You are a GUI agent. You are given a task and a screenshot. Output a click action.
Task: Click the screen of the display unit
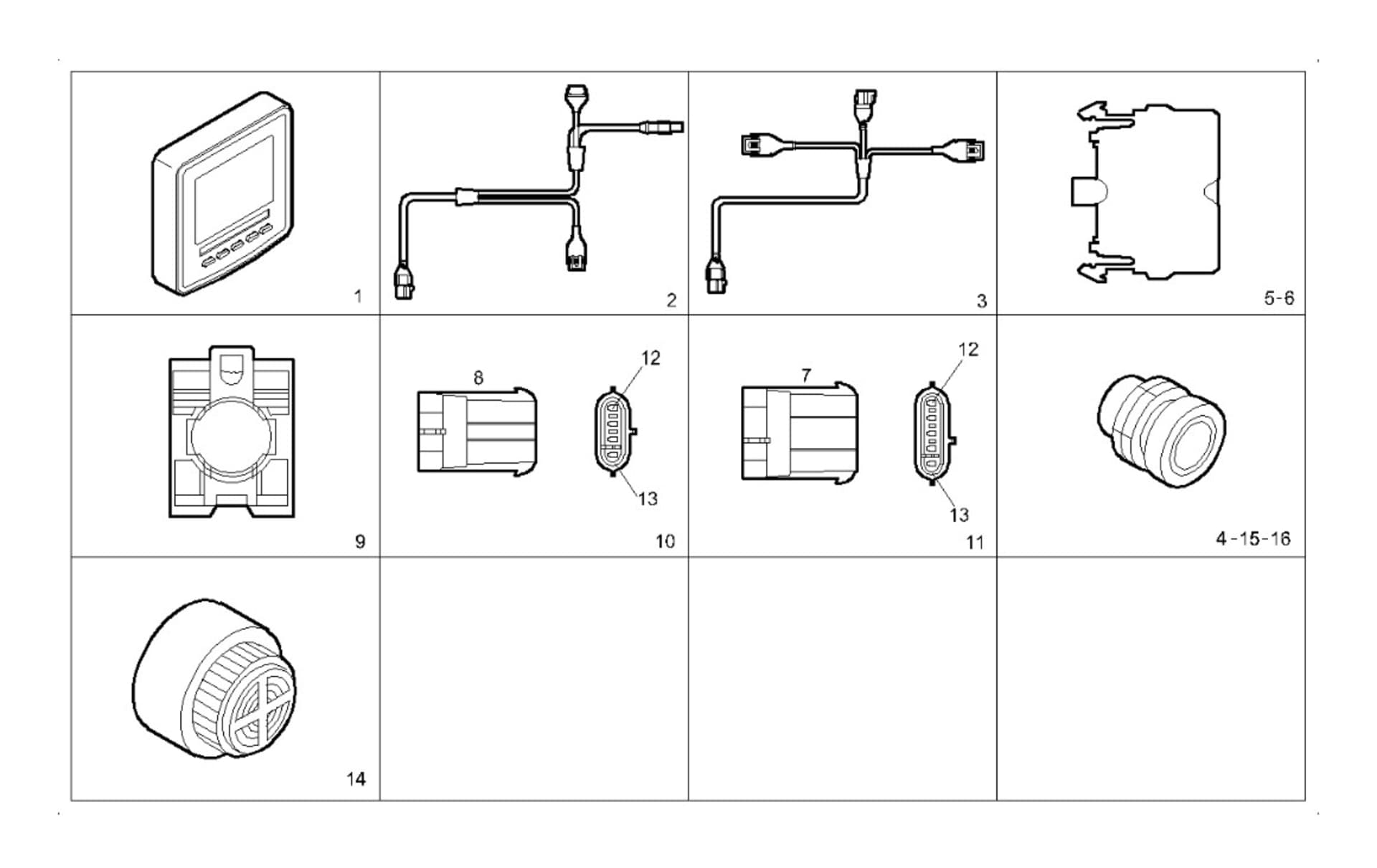coord(234,188)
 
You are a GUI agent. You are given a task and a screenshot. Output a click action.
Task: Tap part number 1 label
coord(358,296)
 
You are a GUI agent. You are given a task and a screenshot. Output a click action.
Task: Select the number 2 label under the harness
coord(671,300)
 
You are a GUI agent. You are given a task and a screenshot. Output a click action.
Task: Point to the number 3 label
coord(981,301)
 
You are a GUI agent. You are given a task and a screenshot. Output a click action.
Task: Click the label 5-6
coord(1279,298)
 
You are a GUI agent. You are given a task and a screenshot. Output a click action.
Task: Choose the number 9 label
coord(360,541)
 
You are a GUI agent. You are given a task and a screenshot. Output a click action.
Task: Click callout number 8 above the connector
coord(478,377)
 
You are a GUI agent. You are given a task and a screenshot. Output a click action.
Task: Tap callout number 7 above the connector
coord(806,375)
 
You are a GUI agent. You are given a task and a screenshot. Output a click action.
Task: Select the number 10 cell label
coord(665,541)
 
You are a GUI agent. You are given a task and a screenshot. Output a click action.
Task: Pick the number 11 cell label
coord(975,542)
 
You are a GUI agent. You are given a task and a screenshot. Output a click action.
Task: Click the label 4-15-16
coord(1252,538)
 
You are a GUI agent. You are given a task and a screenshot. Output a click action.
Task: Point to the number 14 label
coord(356,778)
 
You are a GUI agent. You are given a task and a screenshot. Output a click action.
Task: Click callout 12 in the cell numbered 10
coord(650,358)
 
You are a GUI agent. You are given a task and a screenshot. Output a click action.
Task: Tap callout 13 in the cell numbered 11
coord(959,515)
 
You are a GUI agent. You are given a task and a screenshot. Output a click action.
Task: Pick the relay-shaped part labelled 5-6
coord(1146,191)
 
